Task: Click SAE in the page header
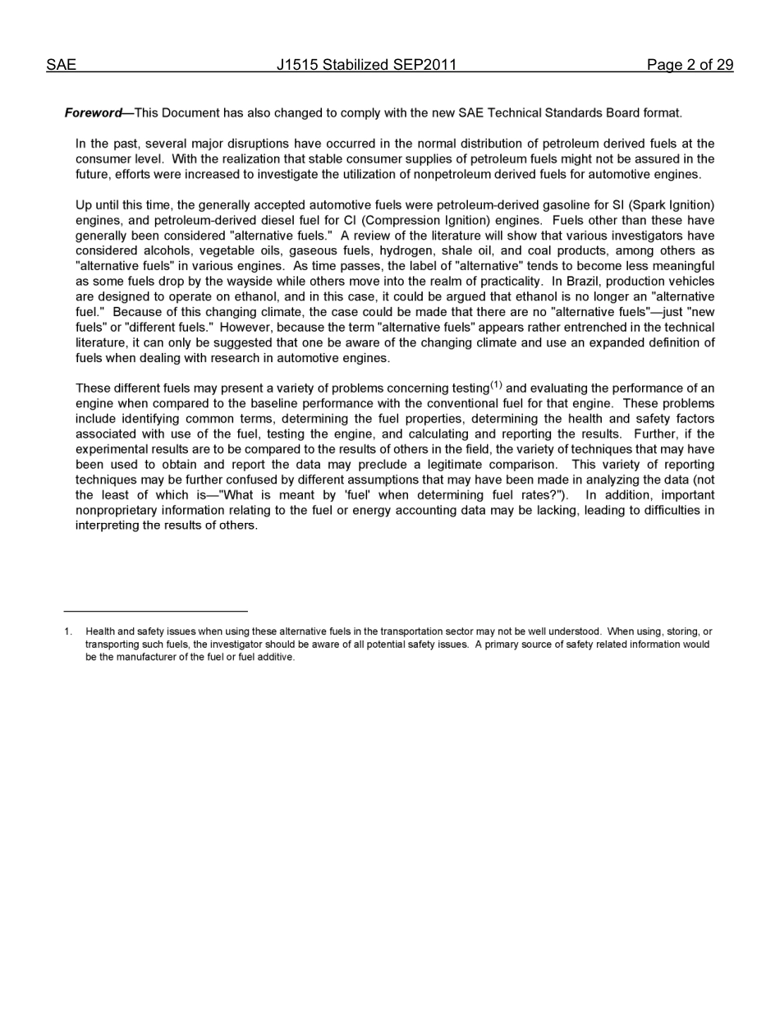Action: click(x=61, y=65)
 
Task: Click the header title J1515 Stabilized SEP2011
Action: click(x=366, y=65)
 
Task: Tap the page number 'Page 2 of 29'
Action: click(x=690, y=65)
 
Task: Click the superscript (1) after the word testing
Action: click(x=496, y=385)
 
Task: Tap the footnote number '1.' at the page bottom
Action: click(x=68, y=631)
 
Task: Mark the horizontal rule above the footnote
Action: click(x=155, y=611)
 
